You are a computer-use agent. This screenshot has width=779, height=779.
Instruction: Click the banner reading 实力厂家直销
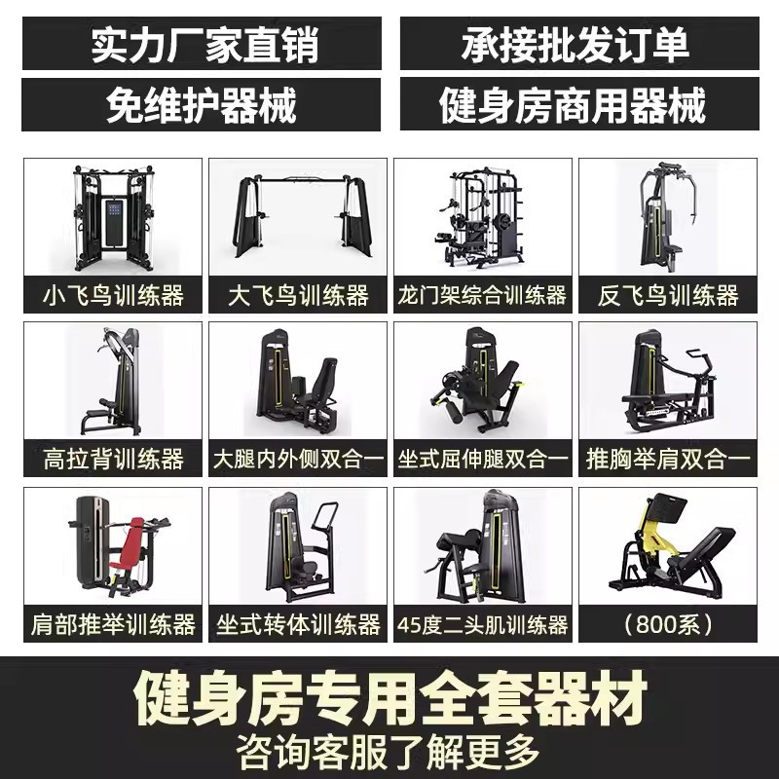[203, 44]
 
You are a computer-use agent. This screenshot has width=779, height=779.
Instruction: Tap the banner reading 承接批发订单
[579, 44]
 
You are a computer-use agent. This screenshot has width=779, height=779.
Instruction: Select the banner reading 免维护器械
[202, 104]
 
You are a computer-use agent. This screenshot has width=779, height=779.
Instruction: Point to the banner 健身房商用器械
[579, 104]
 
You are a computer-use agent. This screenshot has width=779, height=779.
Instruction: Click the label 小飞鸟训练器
[113, 295]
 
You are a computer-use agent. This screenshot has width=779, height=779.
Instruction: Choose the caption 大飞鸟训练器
[298, 295]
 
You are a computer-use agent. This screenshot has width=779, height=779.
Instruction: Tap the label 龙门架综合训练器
[482, 295]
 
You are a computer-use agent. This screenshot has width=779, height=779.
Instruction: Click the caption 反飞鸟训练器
[668, 295]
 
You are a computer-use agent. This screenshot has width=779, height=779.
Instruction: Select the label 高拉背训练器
[113, 459]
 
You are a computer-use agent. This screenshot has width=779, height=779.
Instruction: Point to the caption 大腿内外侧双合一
[298, 459]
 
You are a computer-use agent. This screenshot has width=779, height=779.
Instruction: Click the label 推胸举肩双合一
[668, 459]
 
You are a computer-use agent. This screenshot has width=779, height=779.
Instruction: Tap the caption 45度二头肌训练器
[482, 624]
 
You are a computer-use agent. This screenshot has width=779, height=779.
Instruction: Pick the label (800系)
[668, 624]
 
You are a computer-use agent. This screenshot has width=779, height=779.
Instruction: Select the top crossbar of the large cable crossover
[298, 179]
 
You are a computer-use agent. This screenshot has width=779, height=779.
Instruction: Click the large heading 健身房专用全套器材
[390, 698]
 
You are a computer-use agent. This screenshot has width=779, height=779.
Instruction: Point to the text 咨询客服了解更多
[388, 752]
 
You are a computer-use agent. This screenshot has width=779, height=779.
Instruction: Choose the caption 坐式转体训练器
[298, 624]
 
